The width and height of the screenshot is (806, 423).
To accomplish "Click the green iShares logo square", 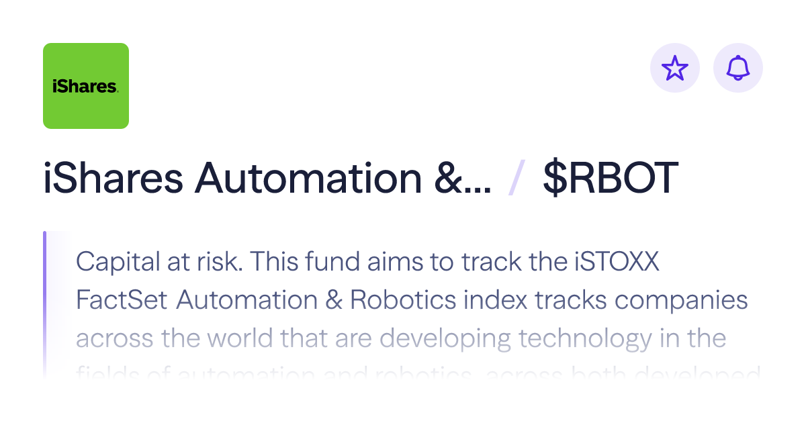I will (x=86, y=86).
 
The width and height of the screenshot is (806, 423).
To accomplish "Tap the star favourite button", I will (x=675, y=68).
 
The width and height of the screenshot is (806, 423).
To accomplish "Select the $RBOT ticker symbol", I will (x=611, y=179).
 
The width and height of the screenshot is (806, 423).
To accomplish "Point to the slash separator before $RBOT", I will (x=517, y=179).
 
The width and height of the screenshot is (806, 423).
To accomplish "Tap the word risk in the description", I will (x=215, y=262).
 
